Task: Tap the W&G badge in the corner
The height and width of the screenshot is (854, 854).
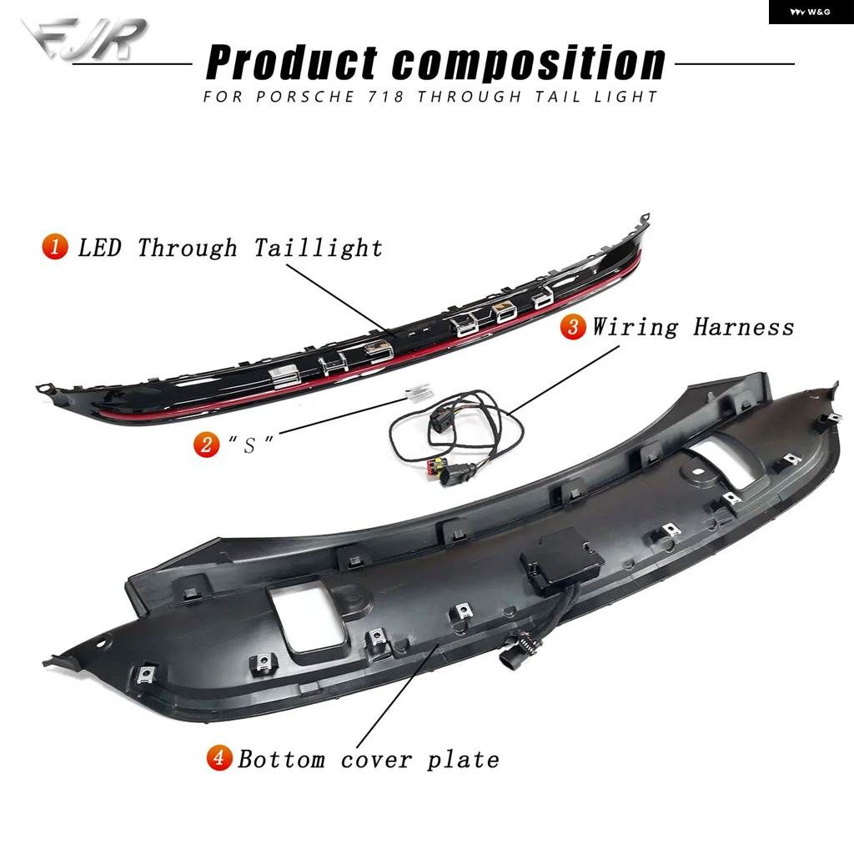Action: [811, 12]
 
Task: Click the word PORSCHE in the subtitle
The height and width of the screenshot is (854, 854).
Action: [305, 97]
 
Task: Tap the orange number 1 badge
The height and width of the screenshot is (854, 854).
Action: [55, 246]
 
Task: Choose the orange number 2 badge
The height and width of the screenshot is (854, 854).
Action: [207, 444]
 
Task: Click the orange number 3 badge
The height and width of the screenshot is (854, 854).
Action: [573, 327]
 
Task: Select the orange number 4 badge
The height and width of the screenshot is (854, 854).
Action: [219, 757]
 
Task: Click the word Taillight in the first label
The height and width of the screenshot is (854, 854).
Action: [318, 248]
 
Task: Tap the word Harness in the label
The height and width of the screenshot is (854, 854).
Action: [743, 327]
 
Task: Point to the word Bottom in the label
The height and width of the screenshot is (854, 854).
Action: [282, 759]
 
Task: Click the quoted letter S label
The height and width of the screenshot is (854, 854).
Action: [250, 445]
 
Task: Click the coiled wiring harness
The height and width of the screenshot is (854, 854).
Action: [456, 435]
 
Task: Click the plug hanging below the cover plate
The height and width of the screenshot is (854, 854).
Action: [512, 656]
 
